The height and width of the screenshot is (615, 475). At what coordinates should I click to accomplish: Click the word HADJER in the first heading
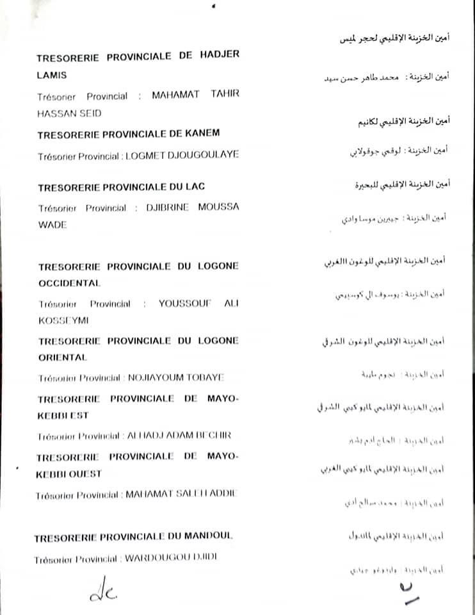216,56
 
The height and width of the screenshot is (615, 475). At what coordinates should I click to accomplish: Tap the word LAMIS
51,75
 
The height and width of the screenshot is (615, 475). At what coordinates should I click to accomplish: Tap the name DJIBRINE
172,207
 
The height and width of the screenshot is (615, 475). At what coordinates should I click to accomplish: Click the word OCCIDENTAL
69,283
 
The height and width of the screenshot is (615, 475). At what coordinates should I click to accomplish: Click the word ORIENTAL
61,357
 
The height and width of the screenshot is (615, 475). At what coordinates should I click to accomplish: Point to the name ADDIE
220,495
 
